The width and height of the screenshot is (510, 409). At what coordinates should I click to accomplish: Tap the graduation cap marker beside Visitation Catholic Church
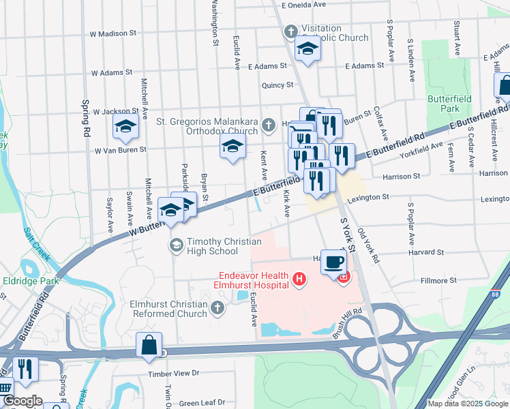click(x=307, y=49)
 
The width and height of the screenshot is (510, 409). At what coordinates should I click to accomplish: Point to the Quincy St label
click(x=277, y=85)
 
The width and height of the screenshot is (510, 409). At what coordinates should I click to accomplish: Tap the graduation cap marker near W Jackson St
click(x=126, y=127)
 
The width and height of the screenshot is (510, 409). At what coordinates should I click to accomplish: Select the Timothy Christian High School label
click(x=212, y=246)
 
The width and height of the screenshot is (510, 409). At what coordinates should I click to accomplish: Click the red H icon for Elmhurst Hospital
click(x=298, y=279)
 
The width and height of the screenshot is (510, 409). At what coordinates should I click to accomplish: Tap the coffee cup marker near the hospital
click(x=333, y=262)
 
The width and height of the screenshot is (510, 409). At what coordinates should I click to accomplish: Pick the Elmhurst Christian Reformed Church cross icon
click(x=217, y=309)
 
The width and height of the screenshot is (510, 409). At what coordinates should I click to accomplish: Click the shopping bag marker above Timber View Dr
click(x=149, y=346)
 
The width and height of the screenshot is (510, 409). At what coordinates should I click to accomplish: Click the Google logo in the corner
click(x=22, y=401)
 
